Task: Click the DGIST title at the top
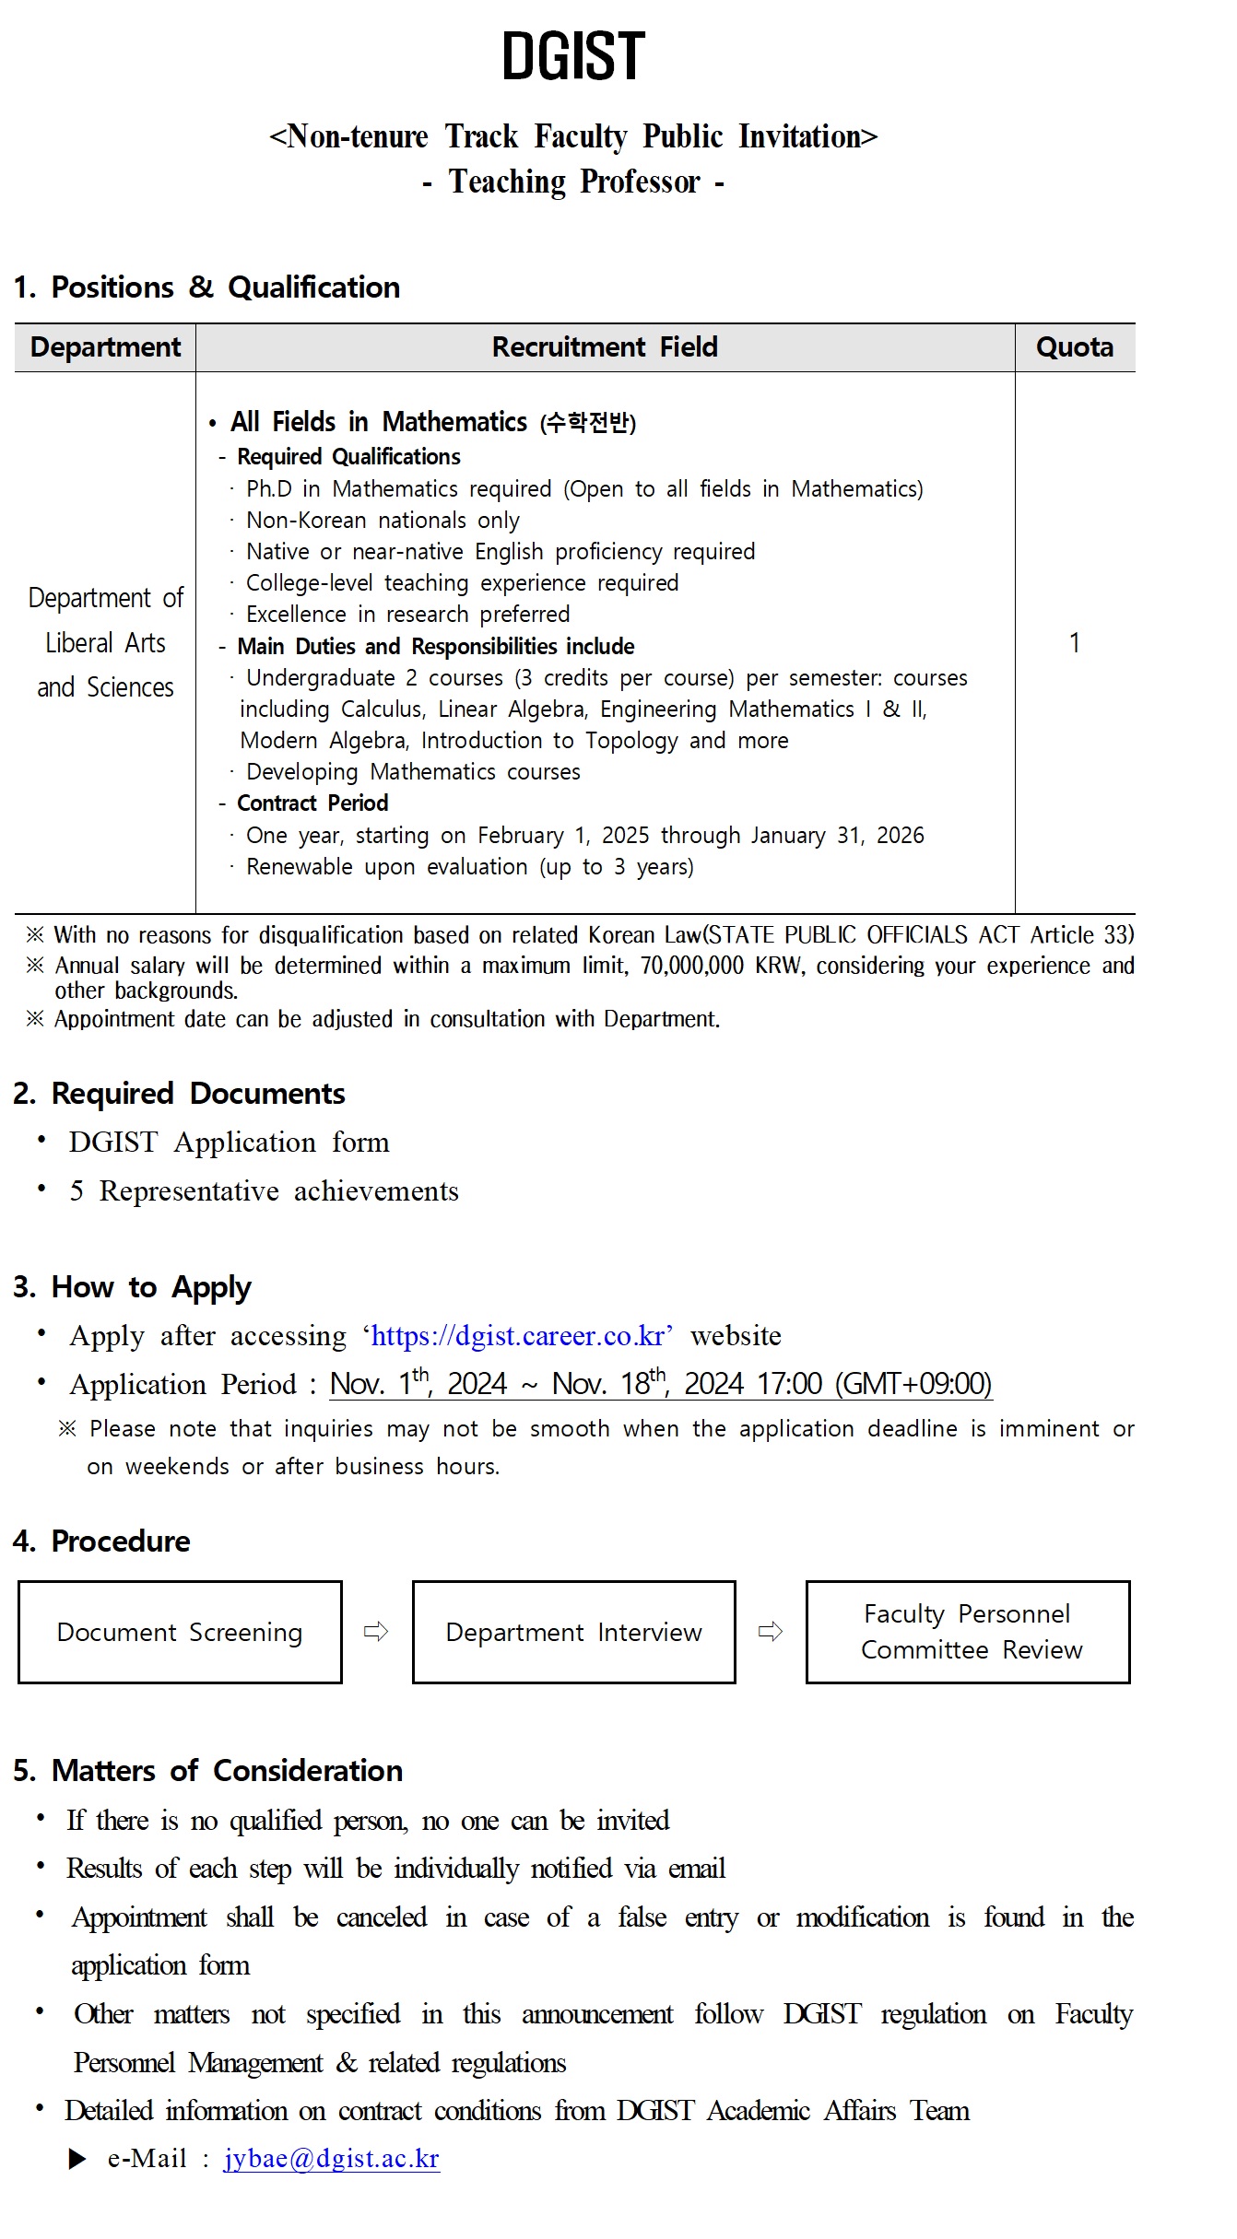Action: pos(573,56)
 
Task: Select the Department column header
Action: pos(105,347)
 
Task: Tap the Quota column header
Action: pos(1074,347)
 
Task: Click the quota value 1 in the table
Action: pos(1074,643)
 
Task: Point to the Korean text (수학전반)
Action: pos(588,423)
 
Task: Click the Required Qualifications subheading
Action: pos(348,457)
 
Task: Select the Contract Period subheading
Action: pos(312,803)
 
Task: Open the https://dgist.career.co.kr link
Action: pos(517,1336)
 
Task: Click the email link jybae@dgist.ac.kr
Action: pos(331,2159)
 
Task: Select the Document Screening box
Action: pos(180,1633)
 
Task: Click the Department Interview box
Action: pos(573,1633)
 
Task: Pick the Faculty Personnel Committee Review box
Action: pos(968,1633)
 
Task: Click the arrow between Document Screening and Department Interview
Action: pos(376,1633)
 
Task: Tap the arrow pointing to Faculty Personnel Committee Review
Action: pos(771,1633)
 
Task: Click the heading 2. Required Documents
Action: pos(179,1094)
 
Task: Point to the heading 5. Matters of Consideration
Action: pos(207,1771)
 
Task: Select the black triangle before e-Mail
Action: pos(78,2159)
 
